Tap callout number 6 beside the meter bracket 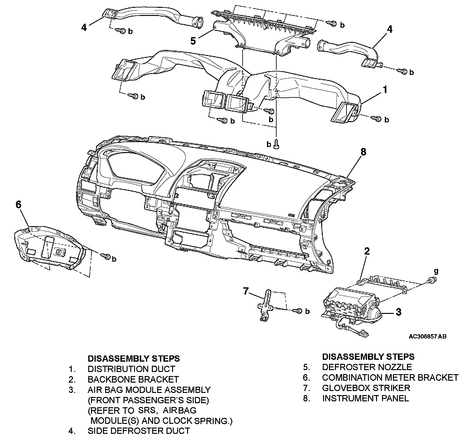point(19,205)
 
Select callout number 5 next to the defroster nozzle point(193,41)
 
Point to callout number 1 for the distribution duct point(385,90)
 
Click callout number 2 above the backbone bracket point(367,251)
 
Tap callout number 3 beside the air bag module point(398,312)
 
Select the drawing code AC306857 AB point(427,337)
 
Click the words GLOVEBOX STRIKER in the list point(366,388)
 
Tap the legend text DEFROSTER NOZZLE point(367,367)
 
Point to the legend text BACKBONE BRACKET point(133,379)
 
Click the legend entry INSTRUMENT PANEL point(365,398)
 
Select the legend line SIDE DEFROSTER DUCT point(138,431)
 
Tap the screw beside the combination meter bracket point(105,256)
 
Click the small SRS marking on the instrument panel point(291,215)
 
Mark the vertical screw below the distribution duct point(276,144)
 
